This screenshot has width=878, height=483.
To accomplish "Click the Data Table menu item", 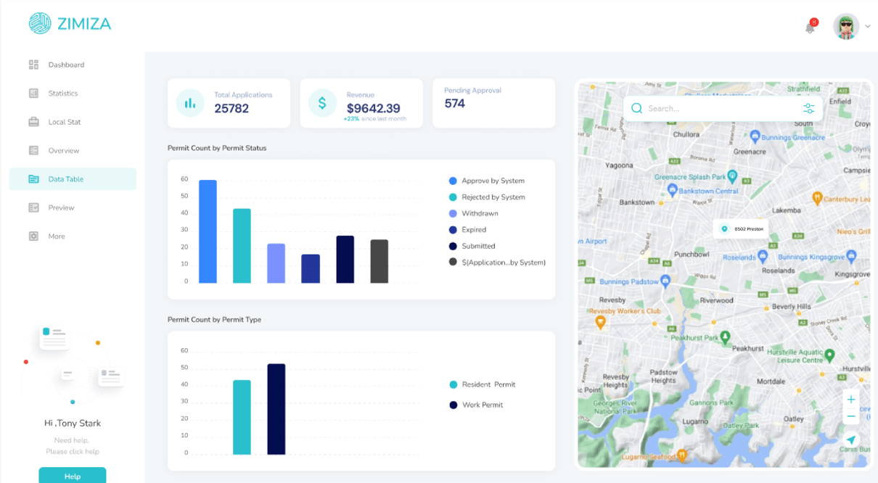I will pyautogui.click(x=66, y=179).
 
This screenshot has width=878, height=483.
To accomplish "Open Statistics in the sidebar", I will pyautogui.click(x=63, y=94).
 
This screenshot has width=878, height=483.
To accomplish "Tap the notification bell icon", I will pyautogui.click(x=810, y=28).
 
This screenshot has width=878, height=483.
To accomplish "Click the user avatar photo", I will pyautogui.click(x=846, y=27).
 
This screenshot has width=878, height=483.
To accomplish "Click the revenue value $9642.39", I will pyautogui.click(x=373, y=108).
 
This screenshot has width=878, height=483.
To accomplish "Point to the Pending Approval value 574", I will pyautogui.click(x=455, y=104).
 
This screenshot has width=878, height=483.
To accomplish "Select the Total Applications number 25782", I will pyautogui.click(x=231, y=108).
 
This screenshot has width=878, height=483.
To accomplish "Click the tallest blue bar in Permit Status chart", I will pyautogui.click(x=208, y=231).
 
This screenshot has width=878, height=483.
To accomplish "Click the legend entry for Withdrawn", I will pyautogui.click(x=480, y=213).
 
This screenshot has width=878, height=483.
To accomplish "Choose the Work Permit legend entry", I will pyautogui.click(x=482, y=405).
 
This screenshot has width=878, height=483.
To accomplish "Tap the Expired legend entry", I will pyautogui.click(x=474, y=230).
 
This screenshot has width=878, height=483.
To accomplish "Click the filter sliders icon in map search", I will pyautogui.click(x=808, y=109).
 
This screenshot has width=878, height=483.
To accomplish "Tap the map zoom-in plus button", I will pyautogui.click(x=851, y=400).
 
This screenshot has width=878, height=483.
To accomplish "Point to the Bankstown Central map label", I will pyautogui.click(x=707, y=191).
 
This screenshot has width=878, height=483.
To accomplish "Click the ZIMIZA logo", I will pyautogui.click(x=70, y=24).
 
